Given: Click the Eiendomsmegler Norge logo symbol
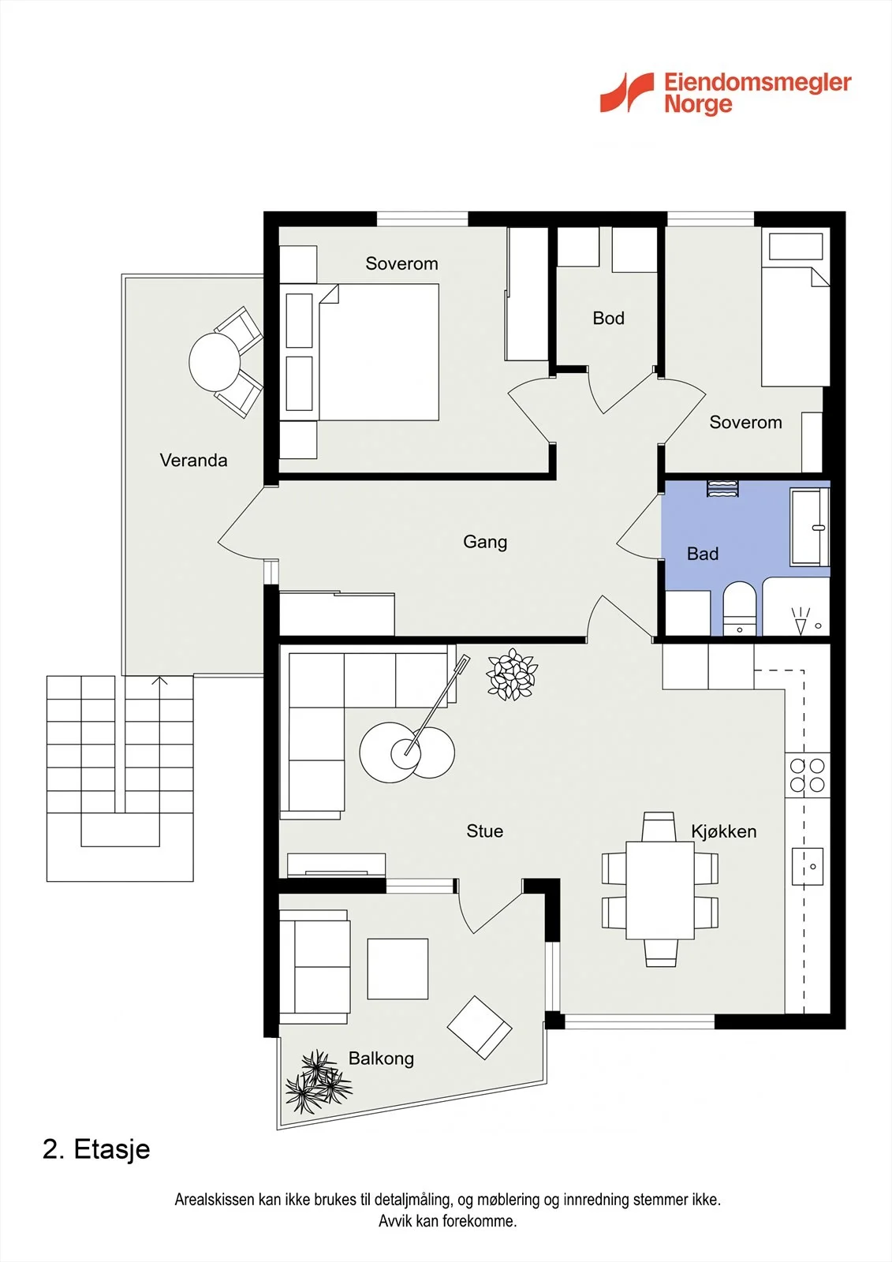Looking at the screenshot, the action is click(626, 92).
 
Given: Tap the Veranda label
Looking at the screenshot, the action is click(193, 461).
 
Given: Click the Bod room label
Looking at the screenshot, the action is click(609, 319).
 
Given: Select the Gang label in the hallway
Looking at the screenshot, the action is click(485, 542).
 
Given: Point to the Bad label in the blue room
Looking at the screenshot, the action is click(703, 554).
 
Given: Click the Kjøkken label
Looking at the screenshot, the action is click(724, 831).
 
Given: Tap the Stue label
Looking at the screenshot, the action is click(484, 831).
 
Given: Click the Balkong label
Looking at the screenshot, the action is click(382, 1059).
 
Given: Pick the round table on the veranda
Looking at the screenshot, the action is click(215, 362).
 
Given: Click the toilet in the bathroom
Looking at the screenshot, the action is click(739, 608).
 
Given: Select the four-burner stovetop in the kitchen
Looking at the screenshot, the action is click(808, 775).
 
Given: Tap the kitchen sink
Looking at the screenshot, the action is click(808, 867).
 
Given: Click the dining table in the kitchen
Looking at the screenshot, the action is click(660, 890).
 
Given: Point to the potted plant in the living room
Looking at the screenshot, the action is click(512, 674).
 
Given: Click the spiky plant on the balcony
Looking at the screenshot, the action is click(319, 1082).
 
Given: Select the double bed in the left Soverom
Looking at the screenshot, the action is click(379, 352).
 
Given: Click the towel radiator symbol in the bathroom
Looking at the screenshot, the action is click(723, 489).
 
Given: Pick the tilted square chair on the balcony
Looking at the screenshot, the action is click(480, 1028).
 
